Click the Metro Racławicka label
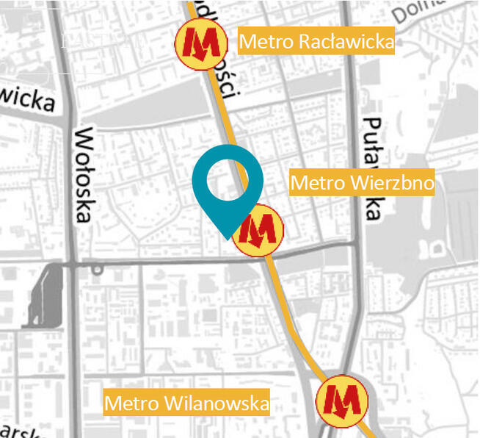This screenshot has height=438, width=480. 316,41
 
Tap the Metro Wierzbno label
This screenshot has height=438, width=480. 363,182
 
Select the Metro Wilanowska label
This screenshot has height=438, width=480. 186,403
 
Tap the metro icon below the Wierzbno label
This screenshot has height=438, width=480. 258,231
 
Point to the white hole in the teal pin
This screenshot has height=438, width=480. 228,179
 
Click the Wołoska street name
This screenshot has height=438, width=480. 84,174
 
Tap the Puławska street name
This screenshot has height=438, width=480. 373,168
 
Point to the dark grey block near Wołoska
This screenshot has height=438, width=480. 44,295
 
